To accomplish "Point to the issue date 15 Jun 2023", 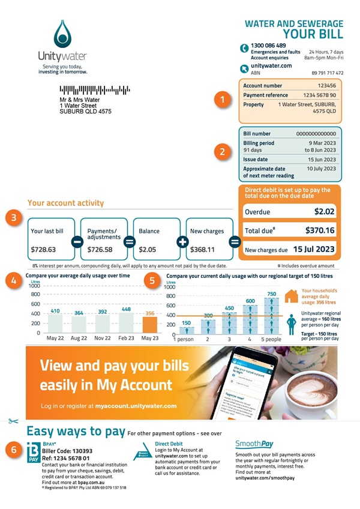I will tap(329, 159).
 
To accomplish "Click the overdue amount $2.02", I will tap(325, 211).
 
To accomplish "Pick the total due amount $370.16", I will tap(320, 230).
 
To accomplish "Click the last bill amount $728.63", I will tap(43, 249).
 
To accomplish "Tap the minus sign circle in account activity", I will tap(77, 242).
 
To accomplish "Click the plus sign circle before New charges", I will tap(181, 242).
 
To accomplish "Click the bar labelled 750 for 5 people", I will tap(272, 315).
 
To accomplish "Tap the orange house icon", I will tap(291, 297).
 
